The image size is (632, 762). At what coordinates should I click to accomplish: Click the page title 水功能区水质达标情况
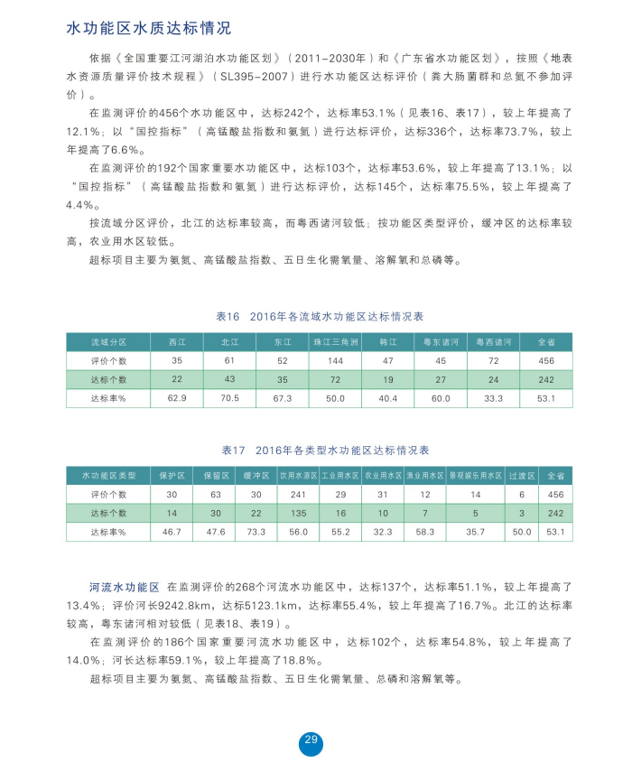pyautogui.click(x=149, y=29)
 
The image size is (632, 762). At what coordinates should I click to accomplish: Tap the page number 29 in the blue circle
pyautogui.click(x=311, y=740)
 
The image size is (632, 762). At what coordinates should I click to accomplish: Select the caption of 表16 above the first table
pyautogui.click(x=320, y=317)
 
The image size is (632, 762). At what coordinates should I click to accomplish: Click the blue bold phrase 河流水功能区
pyautogui.click(x=125, y=587)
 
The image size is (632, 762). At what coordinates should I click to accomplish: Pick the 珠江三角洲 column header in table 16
pyautogui.click(x=336, y=343)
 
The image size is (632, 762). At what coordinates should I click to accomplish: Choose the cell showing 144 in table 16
pyautogui.click(x=336, y=361)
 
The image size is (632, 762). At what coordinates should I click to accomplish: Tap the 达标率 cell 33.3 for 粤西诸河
pyautogui.click(x=494, y=398)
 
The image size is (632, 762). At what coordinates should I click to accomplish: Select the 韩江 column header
pyautogui.click(x=388, y=343)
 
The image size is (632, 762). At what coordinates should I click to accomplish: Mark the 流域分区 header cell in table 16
pyautogui.click(x=108, y=343)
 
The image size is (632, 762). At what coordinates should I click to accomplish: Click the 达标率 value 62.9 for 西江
pyautogui.click(x=177, y=398)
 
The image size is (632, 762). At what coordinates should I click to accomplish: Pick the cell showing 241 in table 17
pyautogui.click(x=298, y=495)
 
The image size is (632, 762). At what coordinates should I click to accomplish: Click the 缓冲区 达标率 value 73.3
pyautogui.click(x=256, y=533)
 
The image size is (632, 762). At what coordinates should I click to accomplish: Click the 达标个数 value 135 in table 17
pyautogui.click(x=298, y=513)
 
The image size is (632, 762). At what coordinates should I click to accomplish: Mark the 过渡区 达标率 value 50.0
pyautogui.click(x=522, y=533)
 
